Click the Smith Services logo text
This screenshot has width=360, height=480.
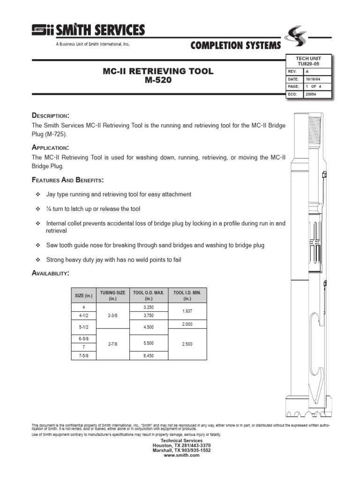[100, 30]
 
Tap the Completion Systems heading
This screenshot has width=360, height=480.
[236, 45]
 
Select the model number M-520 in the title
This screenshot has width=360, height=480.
[157, 80]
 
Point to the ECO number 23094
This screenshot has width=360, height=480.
[310, 94]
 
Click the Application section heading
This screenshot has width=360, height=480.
[51, 147]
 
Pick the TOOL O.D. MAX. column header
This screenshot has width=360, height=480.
[149, 295]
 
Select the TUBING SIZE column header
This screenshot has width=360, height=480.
[112, 295]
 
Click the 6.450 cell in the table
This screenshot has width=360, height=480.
[149, 356]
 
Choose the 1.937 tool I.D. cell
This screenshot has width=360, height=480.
[187, 311]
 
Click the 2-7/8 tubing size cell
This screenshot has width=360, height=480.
[112, 344]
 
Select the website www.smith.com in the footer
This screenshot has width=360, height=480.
[182, 455]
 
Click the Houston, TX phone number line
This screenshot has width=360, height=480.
[182, 445]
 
